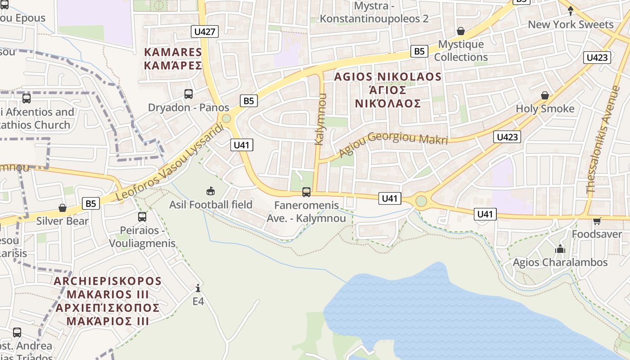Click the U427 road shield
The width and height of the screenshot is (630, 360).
(205, 31)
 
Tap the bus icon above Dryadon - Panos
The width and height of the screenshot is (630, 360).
(189, 94)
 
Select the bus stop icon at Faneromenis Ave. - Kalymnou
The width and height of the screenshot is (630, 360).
(306, 192)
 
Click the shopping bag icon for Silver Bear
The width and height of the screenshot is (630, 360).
(63, 208)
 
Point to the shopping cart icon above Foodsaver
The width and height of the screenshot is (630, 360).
(597, 221)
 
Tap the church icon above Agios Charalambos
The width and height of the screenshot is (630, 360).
(560, 249)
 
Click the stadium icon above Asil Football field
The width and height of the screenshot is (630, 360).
(210, 191)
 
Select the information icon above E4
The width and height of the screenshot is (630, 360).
(198, 288)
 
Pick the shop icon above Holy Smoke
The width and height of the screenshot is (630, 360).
(545, 95)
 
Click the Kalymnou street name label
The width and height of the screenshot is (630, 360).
(319, 119)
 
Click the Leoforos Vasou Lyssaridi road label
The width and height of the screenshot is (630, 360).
(170, 162)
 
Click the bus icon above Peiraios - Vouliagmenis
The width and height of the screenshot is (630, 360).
(142, 216)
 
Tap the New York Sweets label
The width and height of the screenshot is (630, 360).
(571, 24)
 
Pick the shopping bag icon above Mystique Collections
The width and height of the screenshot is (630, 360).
(460, 31)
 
